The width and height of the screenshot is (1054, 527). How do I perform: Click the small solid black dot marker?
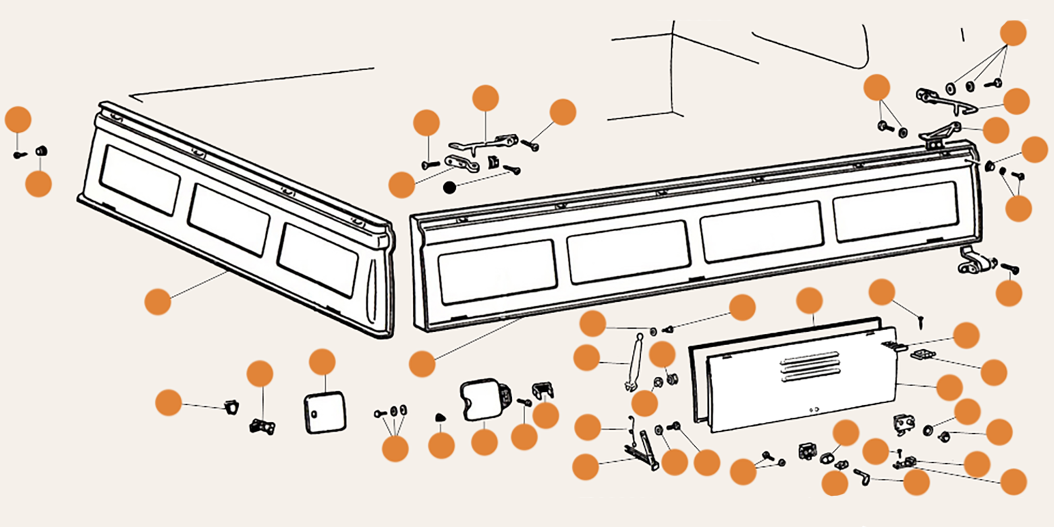450,188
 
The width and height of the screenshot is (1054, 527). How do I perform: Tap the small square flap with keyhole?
325,413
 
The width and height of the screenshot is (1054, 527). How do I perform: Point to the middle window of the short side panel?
229,219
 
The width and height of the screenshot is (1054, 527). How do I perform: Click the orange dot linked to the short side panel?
157,301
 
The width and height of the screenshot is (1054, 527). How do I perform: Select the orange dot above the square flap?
322,362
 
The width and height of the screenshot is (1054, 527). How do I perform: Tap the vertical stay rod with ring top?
634,362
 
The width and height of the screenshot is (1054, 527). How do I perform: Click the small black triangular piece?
441,417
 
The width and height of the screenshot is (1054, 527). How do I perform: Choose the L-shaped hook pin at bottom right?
862,475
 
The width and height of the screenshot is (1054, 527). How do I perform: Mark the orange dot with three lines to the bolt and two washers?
395,448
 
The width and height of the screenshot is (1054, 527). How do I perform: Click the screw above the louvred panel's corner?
921,322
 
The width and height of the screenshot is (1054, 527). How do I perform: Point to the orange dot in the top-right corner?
1013,33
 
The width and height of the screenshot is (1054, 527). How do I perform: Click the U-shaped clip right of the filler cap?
543,391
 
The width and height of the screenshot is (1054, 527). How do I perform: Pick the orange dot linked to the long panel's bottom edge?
422,364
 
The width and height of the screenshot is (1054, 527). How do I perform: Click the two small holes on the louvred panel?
814,410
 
